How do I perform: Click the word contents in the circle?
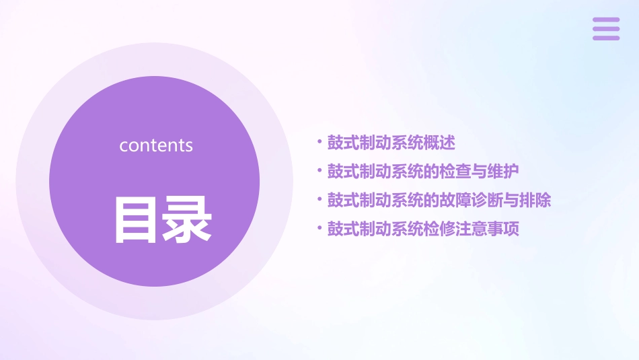(156, 145)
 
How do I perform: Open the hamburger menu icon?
(606, 29)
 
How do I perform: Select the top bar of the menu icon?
(606, 20)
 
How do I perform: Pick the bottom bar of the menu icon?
(606, 38)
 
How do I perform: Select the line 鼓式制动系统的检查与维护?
(423, 172)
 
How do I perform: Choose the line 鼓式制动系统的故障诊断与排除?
(439, 201)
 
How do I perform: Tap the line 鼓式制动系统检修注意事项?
(423, 229)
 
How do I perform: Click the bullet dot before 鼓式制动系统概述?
(319, 142)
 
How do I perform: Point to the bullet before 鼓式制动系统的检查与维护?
(319, 171)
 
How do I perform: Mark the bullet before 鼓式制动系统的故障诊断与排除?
(319, 200)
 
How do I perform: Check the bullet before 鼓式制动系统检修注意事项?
(319, 229)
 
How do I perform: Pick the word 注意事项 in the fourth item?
(487, 229)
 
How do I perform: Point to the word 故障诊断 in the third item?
(471, 201)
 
